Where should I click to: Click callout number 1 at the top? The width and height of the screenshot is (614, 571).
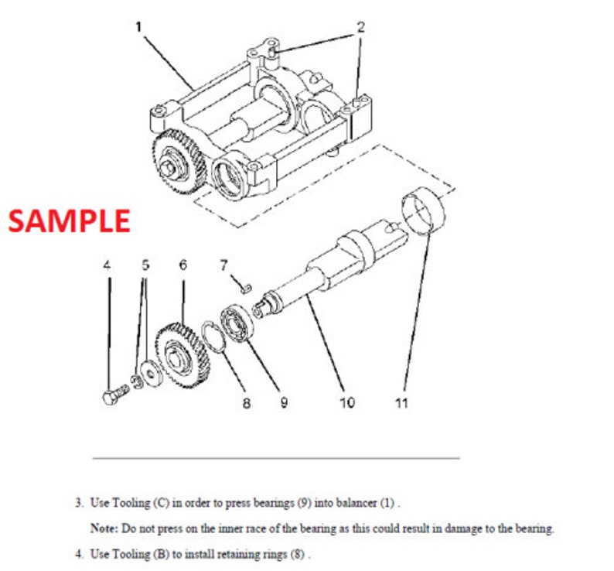click(x=139, y=26)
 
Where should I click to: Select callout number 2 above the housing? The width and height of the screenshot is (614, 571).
click(x=359, y=26)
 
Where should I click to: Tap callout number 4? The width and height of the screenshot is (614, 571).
click(x=107, y=265)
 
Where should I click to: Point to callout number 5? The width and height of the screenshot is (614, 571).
click(x=145, y=265)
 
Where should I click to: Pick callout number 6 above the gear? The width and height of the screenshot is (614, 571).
click(x=182, y=265)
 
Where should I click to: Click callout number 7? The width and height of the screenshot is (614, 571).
click(x=223, y=265)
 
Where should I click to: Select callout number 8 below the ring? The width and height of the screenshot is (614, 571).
click(x=247, y=403)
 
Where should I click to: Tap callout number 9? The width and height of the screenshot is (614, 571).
click(x=284, y=403)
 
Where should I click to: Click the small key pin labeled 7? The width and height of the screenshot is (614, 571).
click(x=245, y=288)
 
